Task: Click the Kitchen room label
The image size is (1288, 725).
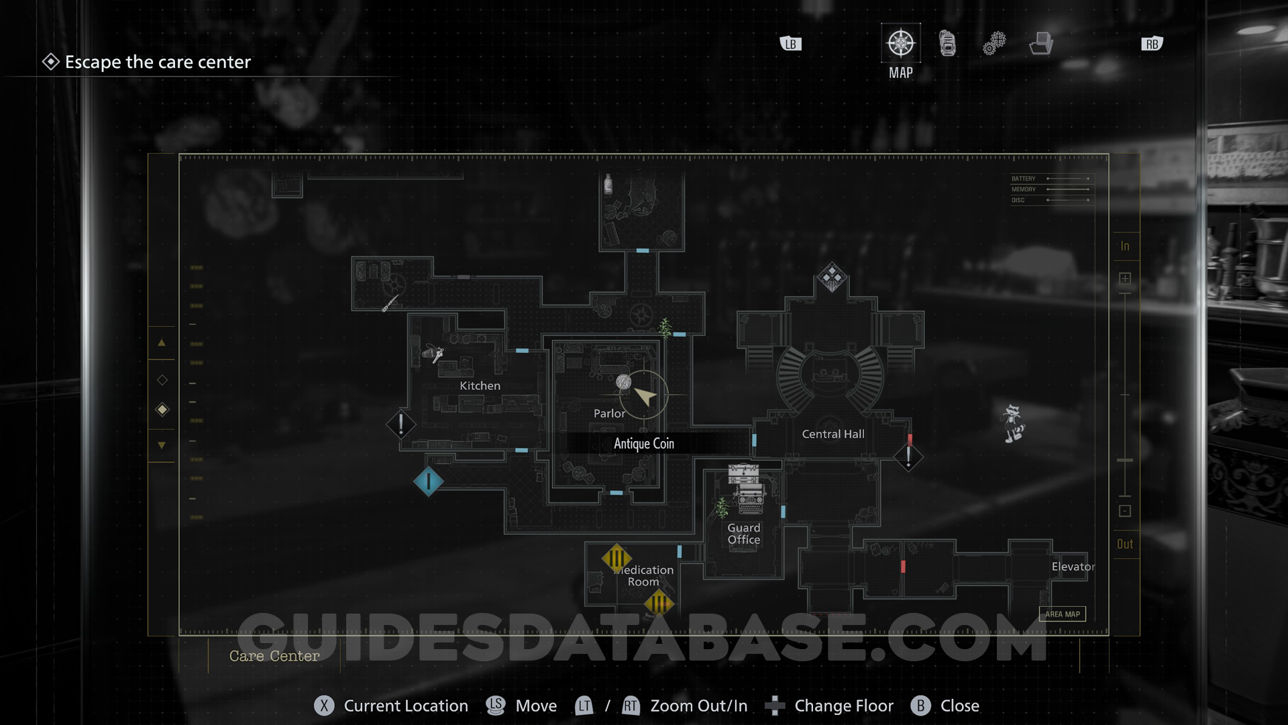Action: point(480,386)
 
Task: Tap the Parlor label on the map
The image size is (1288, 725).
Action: point(609,414)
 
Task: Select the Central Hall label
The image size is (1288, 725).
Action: point(833,434)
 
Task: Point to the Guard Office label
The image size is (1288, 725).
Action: point(744,534)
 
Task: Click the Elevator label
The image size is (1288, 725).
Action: point(1073,567)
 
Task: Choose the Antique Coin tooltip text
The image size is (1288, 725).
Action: point(644,444)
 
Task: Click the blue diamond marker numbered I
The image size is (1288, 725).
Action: point(428,481)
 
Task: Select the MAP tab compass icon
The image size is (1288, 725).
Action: point(900,44)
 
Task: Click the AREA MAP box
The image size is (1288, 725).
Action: point(1063,614)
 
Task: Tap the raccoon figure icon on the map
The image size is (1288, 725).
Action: point(1012,423)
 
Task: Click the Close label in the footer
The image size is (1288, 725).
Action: point(959,706)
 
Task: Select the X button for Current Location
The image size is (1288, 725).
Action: point(324,706)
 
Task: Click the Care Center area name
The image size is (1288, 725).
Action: point(274,656)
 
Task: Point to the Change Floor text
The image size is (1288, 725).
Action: point(844,706)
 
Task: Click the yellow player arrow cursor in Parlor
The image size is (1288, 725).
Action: point(645,396)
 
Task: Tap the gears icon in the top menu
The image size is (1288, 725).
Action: point(994,44)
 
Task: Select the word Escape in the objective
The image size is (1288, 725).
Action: point(93,62)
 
